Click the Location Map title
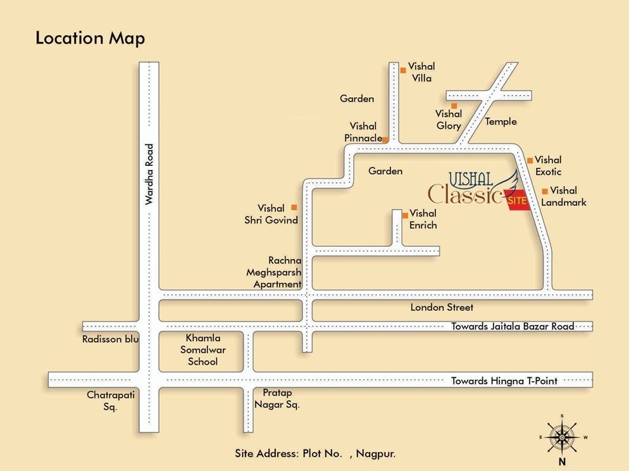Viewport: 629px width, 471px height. tap(90, 38)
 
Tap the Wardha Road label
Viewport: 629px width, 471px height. tap(149, 174)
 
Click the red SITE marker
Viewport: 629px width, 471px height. tap(517, 201)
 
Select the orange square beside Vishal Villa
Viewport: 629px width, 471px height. tap(403, 70)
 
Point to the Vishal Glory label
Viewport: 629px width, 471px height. tap(448, 120)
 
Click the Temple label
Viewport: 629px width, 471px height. tap(501, 122)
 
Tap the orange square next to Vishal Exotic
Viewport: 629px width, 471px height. tap(530, 160)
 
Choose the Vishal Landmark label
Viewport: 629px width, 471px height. tap(563, 196)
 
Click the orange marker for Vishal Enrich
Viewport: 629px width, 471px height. tap(405, 215)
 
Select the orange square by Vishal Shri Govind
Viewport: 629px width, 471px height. tap(294, 207)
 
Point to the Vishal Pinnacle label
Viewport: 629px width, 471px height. tap(363, 132)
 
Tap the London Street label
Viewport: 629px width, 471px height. tap(442, 308)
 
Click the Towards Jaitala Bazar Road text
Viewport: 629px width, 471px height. tap(513, 327)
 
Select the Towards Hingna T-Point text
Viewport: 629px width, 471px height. tap(504, 380)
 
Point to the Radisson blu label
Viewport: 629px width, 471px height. tap(110, 339)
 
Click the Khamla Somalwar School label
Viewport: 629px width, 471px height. tap(202, 349)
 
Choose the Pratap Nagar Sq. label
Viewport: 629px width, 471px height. tap(277, 399)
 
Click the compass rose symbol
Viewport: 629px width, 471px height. tap(562, 436)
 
